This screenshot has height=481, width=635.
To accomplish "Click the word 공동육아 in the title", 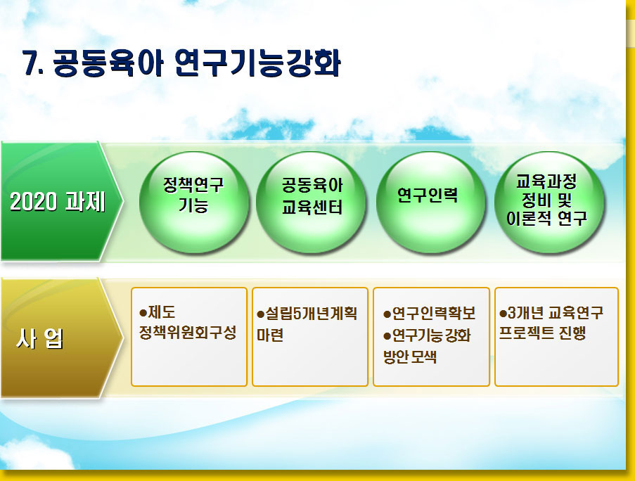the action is click(108, 63).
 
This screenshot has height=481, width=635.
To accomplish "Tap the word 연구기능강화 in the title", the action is click(258, 63).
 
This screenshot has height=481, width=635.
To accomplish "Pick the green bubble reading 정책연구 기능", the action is click(193, 202).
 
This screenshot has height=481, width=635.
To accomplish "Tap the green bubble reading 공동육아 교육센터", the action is click(312, 202).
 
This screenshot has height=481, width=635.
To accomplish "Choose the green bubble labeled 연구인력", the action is click(430, 202).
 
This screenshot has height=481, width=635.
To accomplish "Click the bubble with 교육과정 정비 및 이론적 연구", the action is click(549, 202).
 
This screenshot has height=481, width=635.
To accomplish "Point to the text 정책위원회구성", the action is click(188, 333).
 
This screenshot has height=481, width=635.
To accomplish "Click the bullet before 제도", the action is click(143, 313).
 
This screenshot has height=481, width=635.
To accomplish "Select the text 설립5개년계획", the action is click(311, 314).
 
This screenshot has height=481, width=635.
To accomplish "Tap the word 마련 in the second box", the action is click(270, 335).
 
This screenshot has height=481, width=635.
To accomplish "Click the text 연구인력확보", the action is click(434, 314).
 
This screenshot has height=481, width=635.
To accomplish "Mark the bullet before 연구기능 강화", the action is click(387, 335).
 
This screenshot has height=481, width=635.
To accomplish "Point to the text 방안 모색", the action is click(410, 357).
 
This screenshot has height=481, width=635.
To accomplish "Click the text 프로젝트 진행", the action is click(542, 333).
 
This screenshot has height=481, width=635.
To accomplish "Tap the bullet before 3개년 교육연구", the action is click(503, 314).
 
